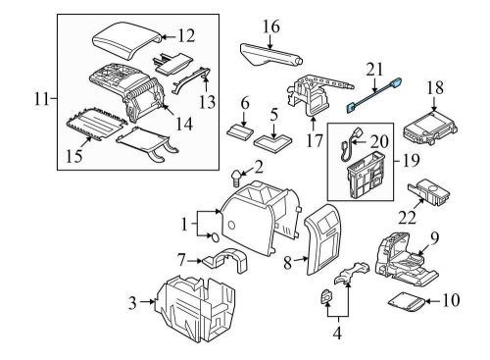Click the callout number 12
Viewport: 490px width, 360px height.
pyautogui.click(x=186, y=36)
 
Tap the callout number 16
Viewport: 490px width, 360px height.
pyautogui.click(x=271, y=25)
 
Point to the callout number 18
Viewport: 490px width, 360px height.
pyautogui.click(x=434, y=88)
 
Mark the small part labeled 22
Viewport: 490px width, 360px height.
pyautogui.click(x=429, y=189)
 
